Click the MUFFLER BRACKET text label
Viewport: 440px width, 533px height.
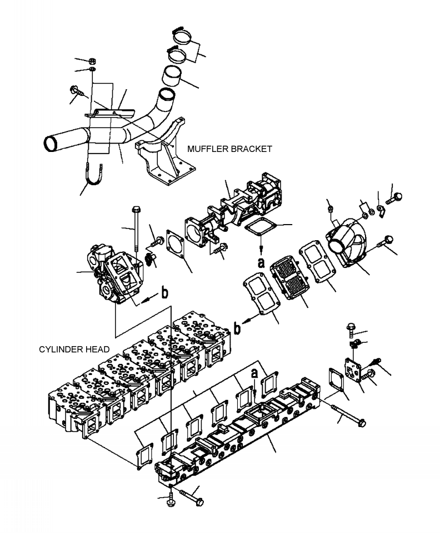pos(229,149)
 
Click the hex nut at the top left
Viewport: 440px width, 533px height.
pos(93,60)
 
